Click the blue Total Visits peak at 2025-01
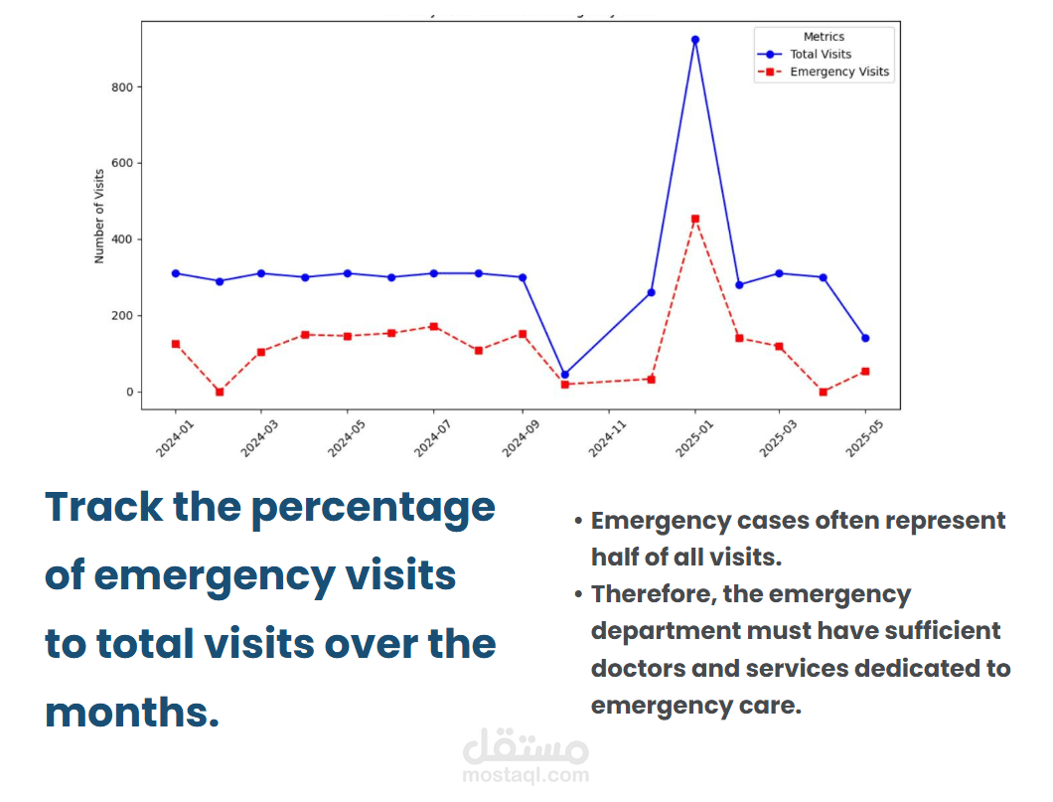click(695, 40)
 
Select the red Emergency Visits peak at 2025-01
click(695, 219)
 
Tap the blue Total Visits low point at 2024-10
click(565, 375)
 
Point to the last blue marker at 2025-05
click(865, 338)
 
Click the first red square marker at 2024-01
click(176, 344)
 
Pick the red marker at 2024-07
click(434, 326)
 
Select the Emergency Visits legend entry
click(824, 72)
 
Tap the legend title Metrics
click(824, 37)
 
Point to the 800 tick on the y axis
click(122, 87)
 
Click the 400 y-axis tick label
click(122, 240)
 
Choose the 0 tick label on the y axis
click(129, 392)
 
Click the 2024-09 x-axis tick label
click(522, 438)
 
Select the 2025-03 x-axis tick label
click(779, 438)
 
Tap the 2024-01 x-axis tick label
click(175, 438)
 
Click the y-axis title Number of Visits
click(99, 217)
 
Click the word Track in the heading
click(104, 507)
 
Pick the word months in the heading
click(132, 712)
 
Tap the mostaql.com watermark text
click(526, 775)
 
